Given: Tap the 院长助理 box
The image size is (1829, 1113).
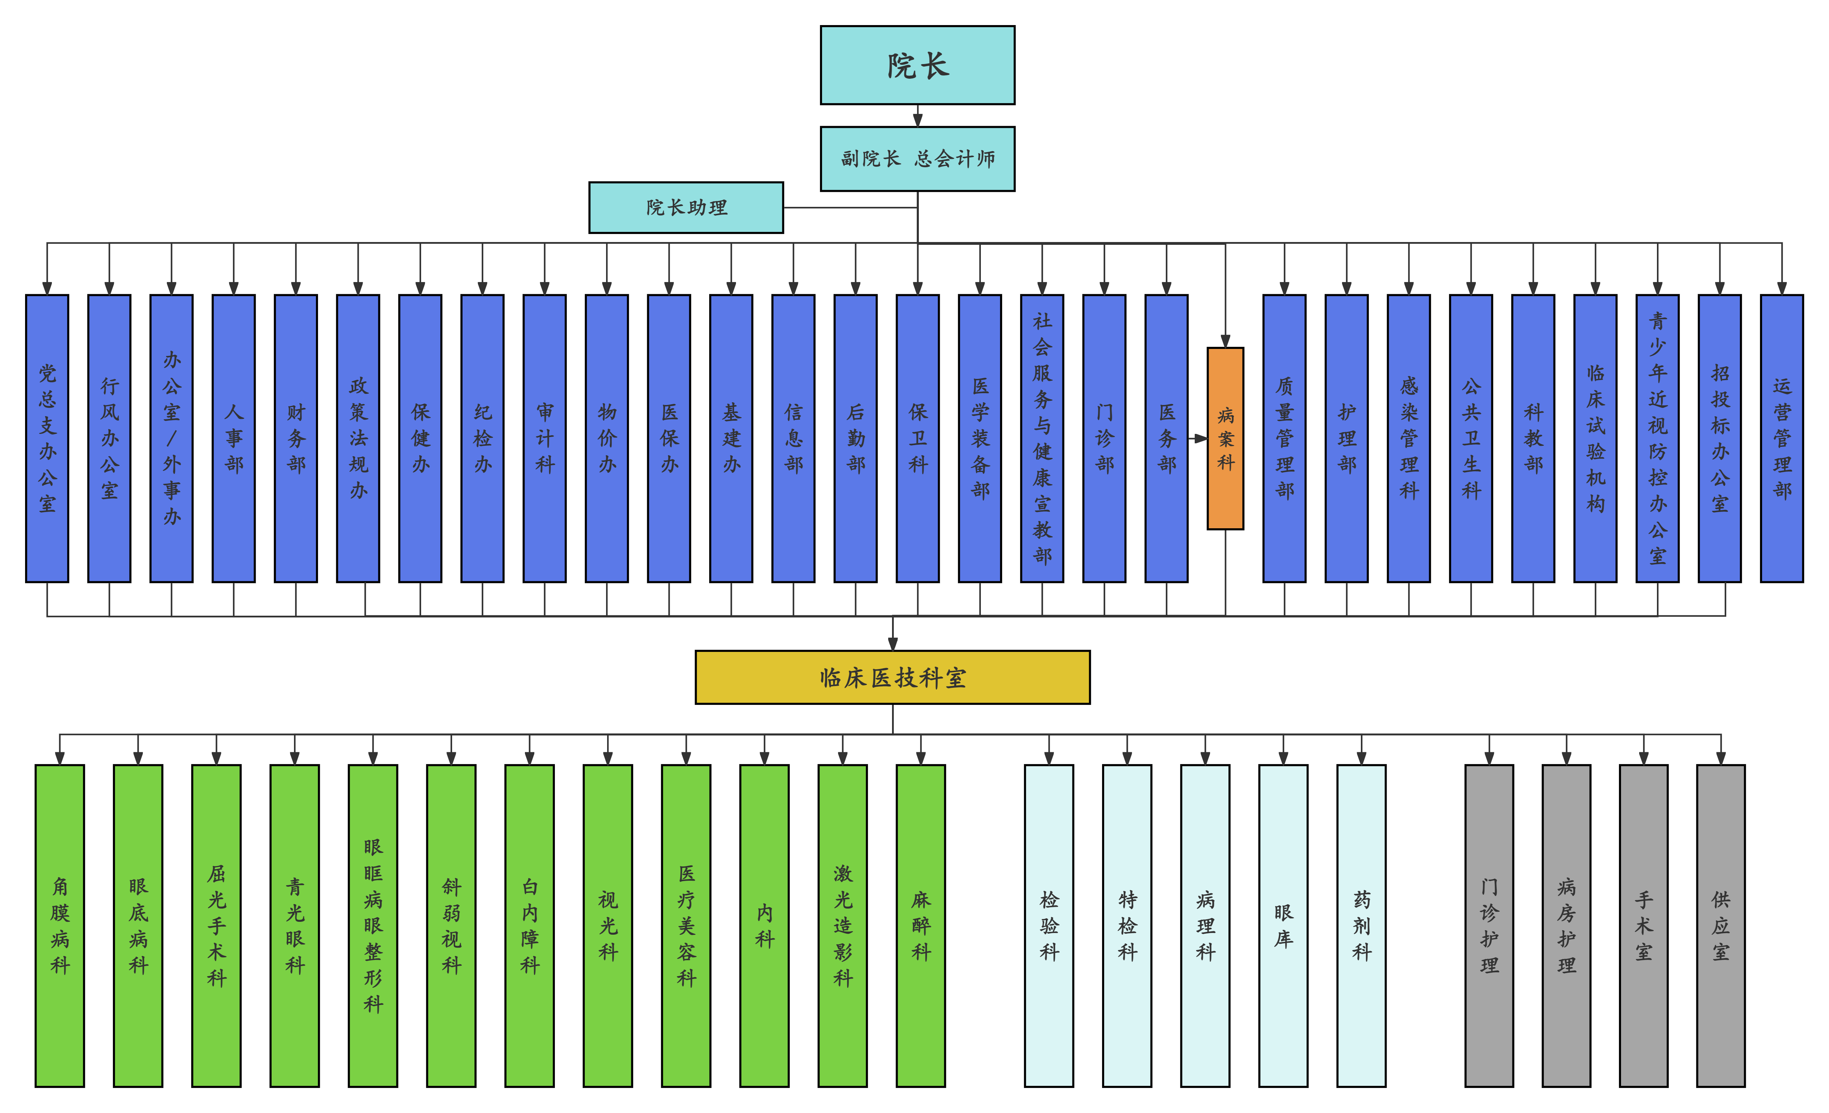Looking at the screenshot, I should coord(686,208).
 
